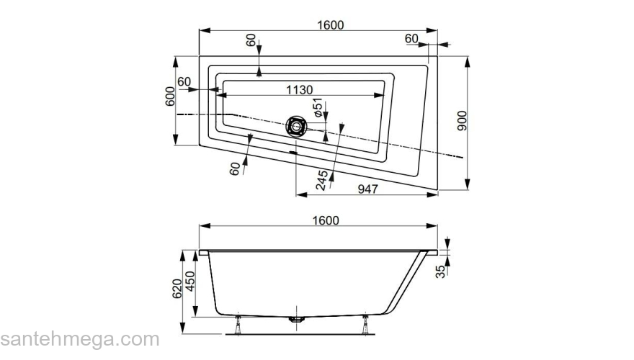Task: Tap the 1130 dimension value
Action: (298, 90)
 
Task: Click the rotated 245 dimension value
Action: (323, 180)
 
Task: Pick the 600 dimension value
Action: (170, 98)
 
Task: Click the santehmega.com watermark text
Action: (79, 339)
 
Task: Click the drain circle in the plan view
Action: (296, 127)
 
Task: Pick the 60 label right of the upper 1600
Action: (411, 38)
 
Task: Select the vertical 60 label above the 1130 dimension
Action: (251, 41)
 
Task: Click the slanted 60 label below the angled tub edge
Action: (235, 168)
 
